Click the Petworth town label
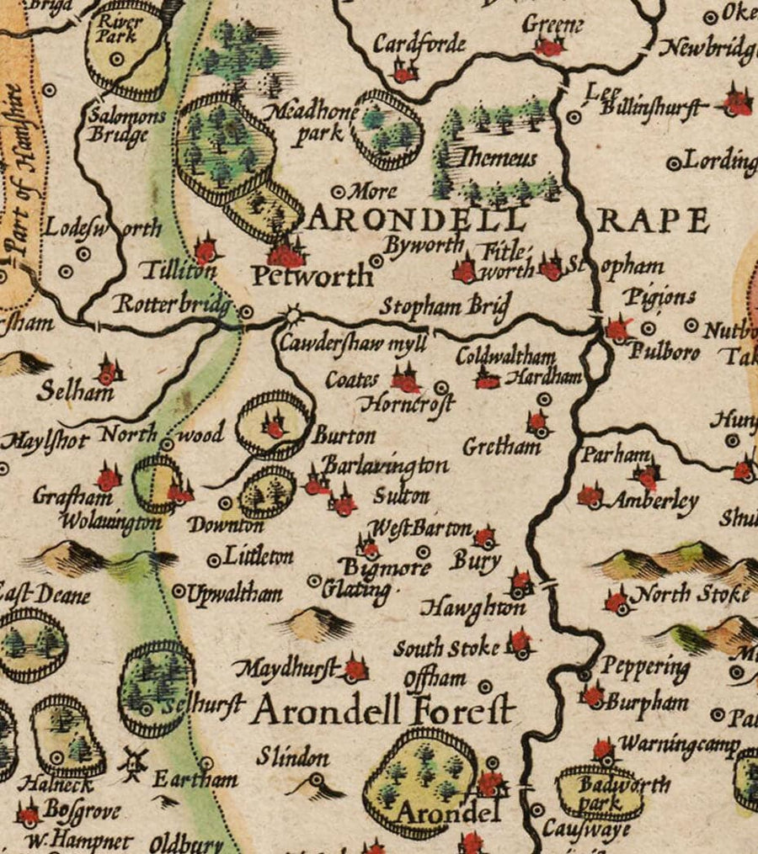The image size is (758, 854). click(x=312, y=276)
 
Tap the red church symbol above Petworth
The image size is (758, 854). click(x=286, y=253)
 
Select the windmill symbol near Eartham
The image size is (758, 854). click(x=132, y=761)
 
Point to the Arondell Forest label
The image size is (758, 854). click(x=383, y=711)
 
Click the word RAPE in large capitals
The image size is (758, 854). click(x=654, y=221)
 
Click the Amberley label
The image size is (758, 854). click(x=654, y=502)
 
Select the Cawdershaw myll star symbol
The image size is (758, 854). click(x=292, y=316)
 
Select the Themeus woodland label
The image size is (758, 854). click(x=498, y=157)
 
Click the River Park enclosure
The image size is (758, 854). click(x=127, y=49)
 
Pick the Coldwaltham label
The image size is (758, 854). click(x=505, y=356)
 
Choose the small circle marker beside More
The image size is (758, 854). click(x=340, y=191)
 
